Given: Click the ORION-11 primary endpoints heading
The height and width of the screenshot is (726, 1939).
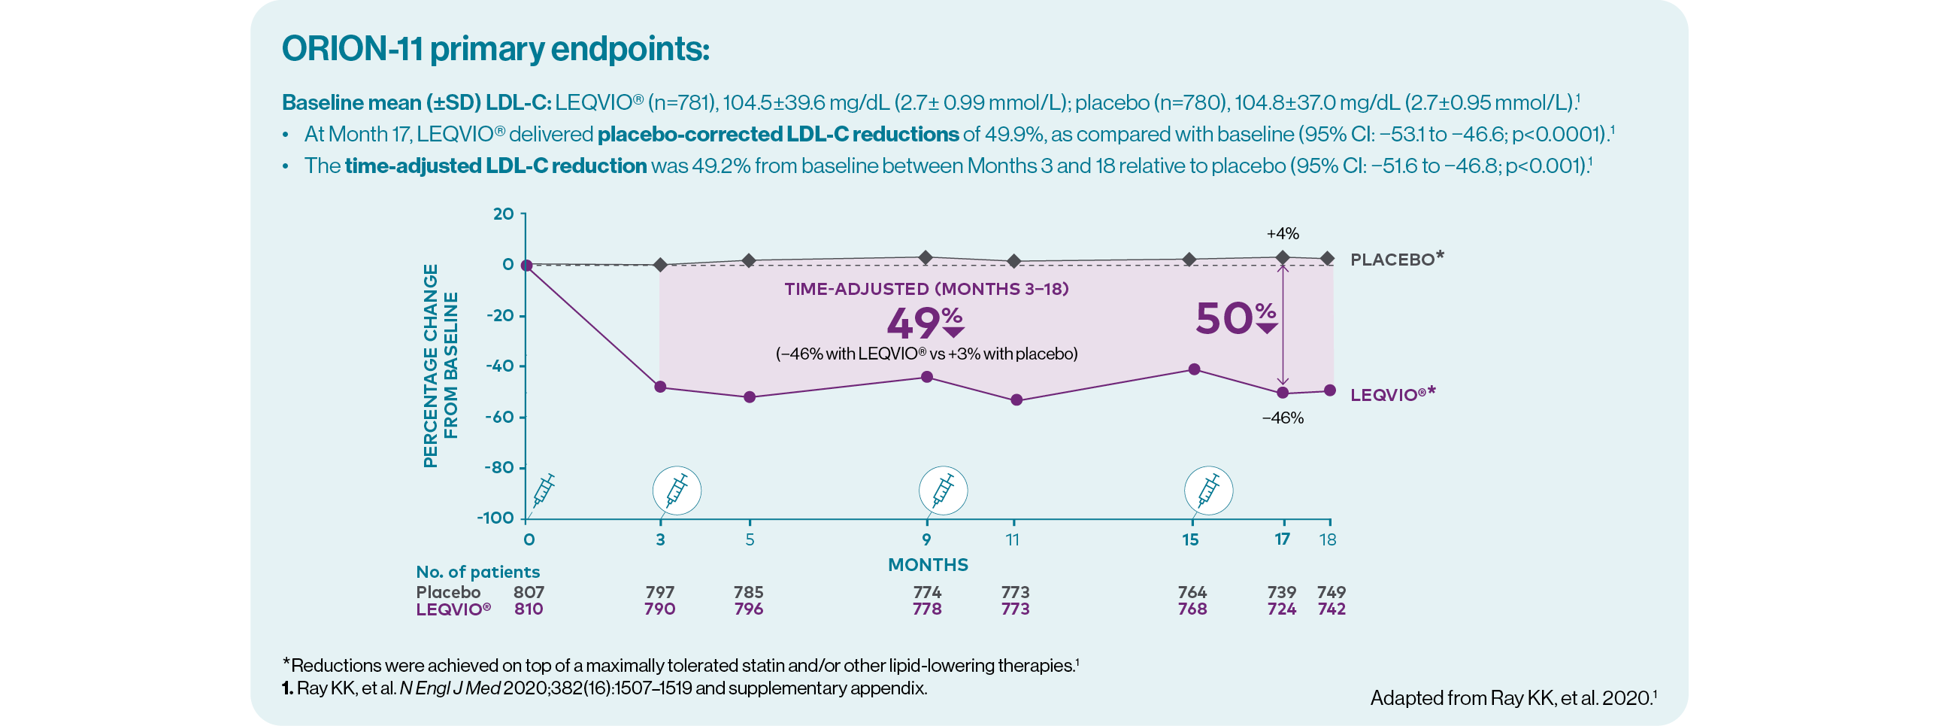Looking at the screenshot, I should tap(495, 50).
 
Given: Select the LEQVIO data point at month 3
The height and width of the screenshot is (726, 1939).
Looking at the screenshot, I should tap(660, 387).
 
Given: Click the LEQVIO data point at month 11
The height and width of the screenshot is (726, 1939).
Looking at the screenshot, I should tap(1016, 400).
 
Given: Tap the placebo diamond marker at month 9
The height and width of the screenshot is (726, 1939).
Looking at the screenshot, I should tap(926, 257).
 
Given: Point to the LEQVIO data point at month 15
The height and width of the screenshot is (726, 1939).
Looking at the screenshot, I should tap(1194, 369).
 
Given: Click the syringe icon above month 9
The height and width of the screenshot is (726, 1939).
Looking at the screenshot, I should tap(942, 491).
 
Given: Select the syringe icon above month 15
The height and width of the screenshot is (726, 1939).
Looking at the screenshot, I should tap(1208, 491).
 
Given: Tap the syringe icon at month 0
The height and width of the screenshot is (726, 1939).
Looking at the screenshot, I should tap(544, 491).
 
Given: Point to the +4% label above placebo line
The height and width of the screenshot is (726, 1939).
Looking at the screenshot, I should tap(1283, 233).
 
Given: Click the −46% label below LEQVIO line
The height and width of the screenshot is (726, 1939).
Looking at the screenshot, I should tap(1283, 418).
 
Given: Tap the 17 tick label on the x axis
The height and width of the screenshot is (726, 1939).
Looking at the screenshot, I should tap(1282, 539).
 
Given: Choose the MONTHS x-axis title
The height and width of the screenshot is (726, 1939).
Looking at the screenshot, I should tap(927, 565).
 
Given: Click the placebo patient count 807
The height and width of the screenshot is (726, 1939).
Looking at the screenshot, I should tap(529, 592).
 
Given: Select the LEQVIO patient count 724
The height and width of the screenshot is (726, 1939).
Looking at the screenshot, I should tap(1281, 609).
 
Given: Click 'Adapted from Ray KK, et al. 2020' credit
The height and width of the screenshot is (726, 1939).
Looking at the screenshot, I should tap(1513, 698).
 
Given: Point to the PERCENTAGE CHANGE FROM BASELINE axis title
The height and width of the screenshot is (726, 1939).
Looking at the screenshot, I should tap(441, 366).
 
